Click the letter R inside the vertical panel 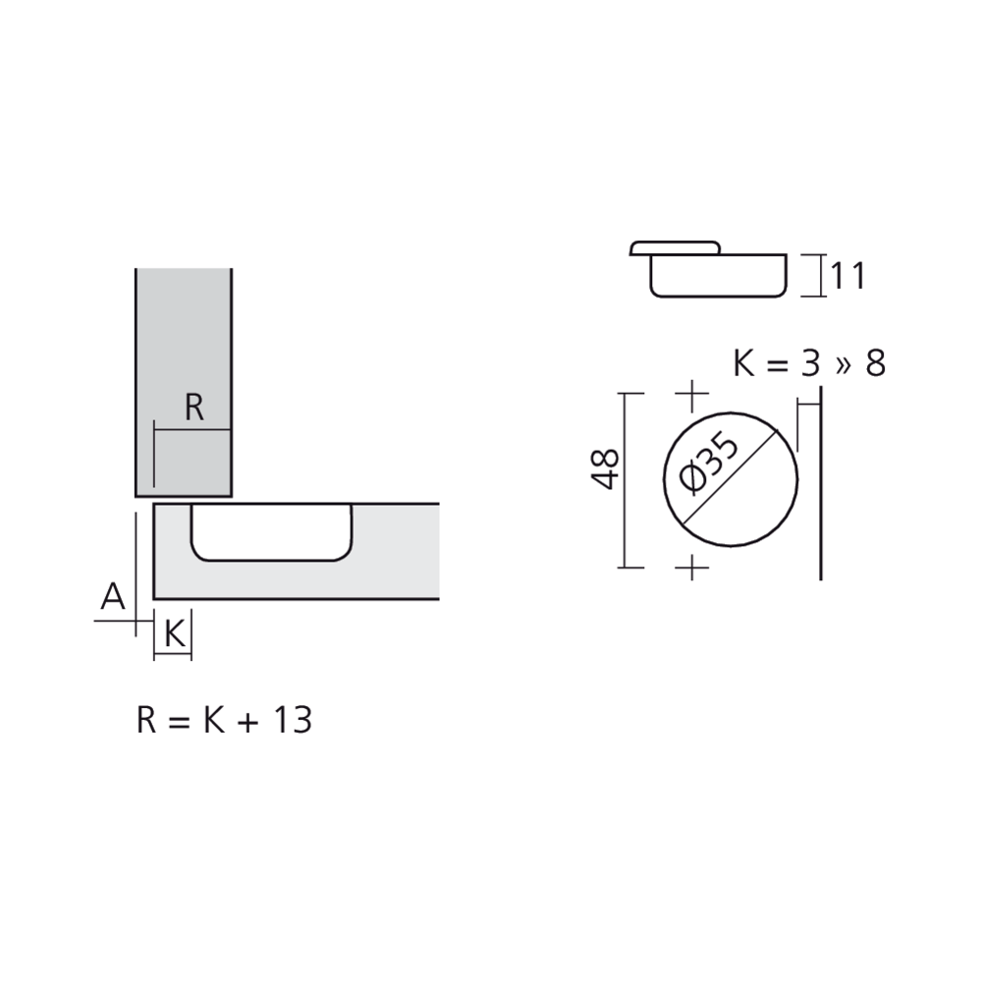tap(194, 408)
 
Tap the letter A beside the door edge tap(113, 596)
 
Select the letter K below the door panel tap(175, 633)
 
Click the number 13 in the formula tap(293, 720)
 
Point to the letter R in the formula tap(146, 720)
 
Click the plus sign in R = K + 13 tap(248, 723)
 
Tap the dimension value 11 tap(848, 276)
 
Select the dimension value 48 tap(605, 468)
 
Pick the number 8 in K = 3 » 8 tap(876, 363)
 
